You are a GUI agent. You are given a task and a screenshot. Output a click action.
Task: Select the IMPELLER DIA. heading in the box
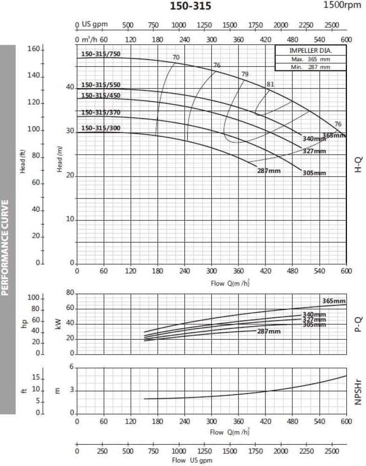click(311, 50)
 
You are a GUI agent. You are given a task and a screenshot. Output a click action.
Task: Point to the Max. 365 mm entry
click(311, 59)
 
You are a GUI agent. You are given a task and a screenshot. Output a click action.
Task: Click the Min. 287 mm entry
click(311, 67)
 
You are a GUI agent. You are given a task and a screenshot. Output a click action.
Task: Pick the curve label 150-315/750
click(101, 54)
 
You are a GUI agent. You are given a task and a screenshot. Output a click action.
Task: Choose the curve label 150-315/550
click(101, 85)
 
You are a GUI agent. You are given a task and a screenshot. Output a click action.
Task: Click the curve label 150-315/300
click(101, 128)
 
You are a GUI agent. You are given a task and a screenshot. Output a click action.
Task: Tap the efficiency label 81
click(270, 84)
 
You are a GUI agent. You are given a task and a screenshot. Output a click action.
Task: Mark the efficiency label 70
click(176, 57)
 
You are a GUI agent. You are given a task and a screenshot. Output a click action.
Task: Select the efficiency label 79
click(245, 74)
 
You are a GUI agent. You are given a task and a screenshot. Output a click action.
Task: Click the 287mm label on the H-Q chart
click(269, 171)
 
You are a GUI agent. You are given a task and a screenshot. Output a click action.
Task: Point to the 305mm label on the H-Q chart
click(314, 173)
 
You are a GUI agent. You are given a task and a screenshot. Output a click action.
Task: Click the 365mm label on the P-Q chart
click(334, 300)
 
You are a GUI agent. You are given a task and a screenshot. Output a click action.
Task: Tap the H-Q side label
click(358, 164)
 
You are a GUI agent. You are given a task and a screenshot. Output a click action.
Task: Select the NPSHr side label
click(358, 391)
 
